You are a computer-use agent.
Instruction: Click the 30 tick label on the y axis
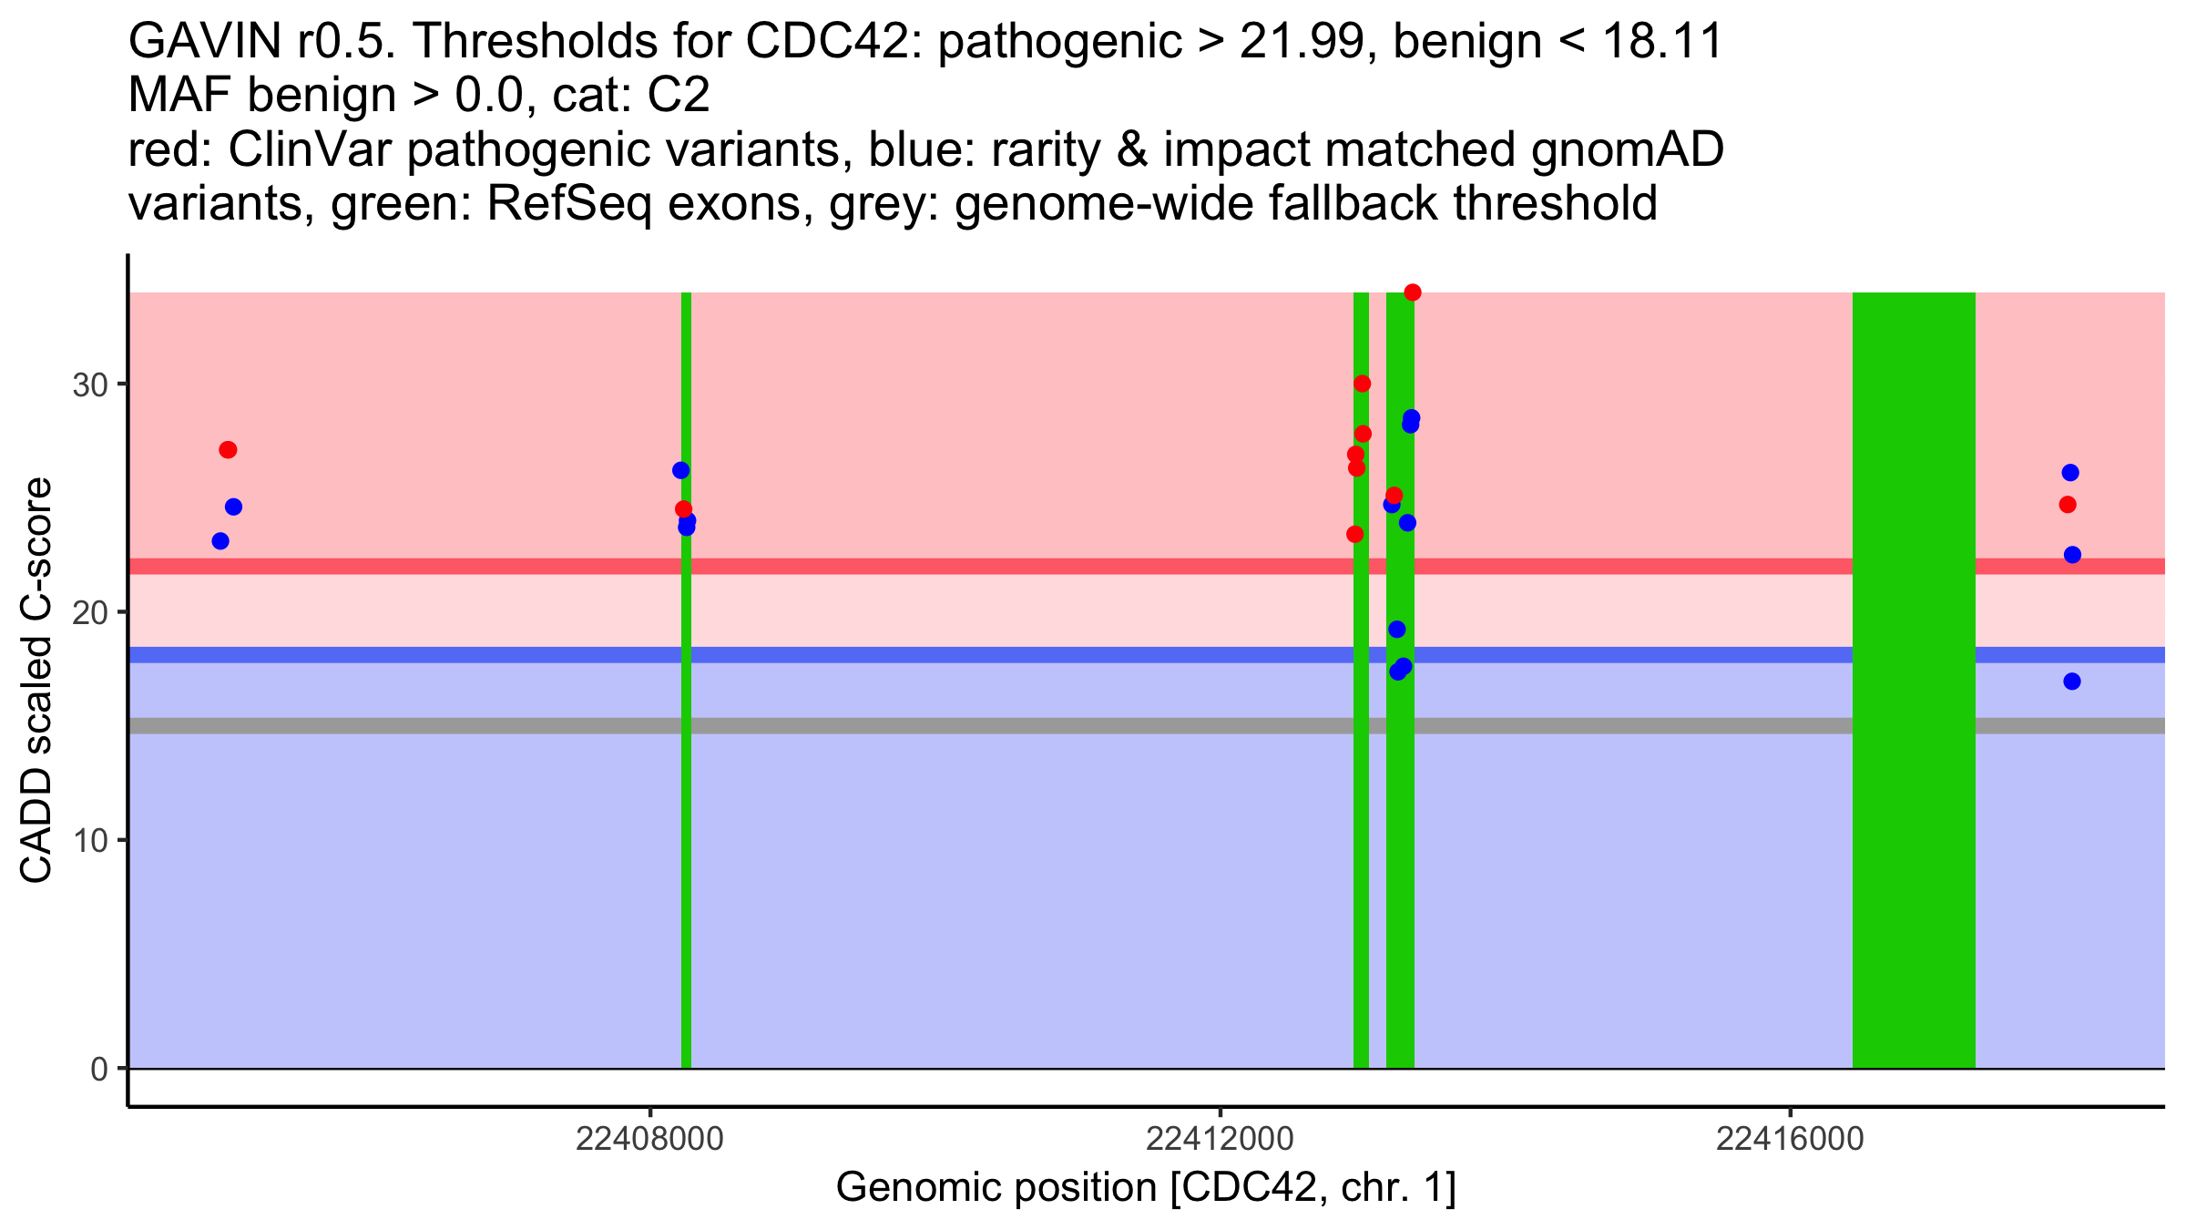point(90,384)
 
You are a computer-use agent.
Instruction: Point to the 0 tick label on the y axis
point(99,1069)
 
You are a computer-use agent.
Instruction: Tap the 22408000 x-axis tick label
point(649,1140)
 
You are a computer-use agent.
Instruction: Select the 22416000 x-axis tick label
point(1790,1140)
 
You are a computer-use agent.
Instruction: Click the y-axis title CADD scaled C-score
point(36,680)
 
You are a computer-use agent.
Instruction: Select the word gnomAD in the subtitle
point(1627,149)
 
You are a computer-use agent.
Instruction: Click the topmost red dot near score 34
point(1413,292)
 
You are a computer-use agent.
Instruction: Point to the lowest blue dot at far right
point(2072,682)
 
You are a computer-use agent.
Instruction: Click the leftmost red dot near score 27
point(229,450)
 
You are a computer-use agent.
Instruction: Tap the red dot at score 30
point(1362,384)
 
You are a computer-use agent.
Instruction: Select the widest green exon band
point(1914,680)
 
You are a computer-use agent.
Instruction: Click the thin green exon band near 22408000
point(686,680)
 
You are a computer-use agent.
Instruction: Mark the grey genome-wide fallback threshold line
point(1146,726)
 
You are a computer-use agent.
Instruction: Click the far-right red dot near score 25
point(2068,505)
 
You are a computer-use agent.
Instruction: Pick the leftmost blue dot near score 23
point(220,541)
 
